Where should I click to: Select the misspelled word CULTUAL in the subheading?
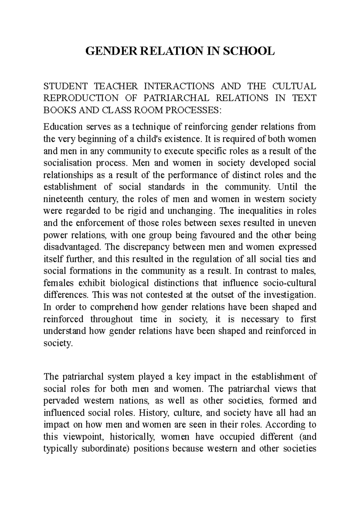[x=295, y=86]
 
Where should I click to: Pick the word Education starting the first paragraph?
[x=63, y=127]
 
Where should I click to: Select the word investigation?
[x=290, y=295]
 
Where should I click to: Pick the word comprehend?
[x=114, y=307]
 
